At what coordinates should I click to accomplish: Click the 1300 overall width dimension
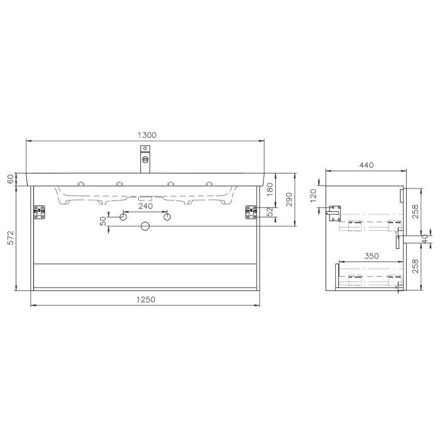pos(146,135)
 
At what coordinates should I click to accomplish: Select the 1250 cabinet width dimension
pos(145,300)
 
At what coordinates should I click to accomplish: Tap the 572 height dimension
pos(10,238)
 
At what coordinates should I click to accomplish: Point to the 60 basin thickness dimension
pos(10,179)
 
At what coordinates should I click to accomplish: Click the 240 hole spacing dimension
pos(145,206)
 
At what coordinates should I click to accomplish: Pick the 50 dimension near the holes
pos(103,221)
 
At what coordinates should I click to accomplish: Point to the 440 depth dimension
pos(366,165)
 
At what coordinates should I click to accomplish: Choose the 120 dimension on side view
pos(312,196)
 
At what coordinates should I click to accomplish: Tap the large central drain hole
pos(145,226)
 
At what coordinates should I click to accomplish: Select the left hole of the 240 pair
pos(124,217)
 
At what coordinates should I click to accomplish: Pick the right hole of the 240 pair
pos(167,217)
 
